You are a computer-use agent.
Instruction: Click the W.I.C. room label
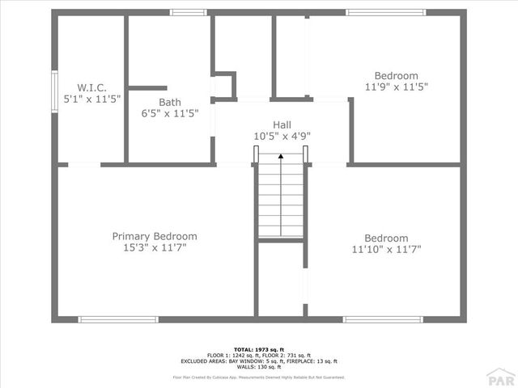91,86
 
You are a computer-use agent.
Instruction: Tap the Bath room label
170,102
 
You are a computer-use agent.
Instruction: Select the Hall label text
282,124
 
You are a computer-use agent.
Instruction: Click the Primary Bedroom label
155,236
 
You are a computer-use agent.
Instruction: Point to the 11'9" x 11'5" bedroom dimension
396,86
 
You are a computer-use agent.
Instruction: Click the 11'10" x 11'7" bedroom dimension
386,250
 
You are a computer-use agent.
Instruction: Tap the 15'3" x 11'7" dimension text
155,248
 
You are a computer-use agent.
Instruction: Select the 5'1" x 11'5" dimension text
91,99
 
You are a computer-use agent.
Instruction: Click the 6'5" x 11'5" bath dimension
170,114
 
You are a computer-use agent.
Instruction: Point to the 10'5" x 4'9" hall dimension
282,137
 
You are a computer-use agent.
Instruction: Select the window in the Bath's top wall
188,12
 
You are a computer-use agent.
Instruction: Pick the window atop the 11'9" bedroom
385,12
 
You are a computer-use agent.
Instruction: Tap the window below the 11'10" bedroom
383,319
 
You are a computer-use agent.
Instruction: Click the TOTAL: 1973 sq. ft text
258,349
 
